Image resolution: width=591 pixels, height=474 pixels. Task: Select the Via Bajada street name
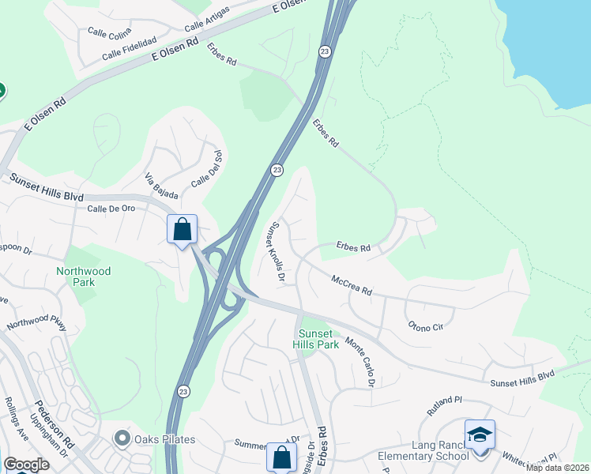pos(160,185)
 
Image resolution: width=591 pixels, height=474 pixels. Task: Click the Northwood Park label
pos(83,276)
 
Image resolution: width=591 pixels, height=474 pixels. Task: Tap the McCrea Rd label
pos(352,285)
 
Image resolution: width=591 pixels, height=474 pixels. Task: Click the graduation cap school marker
pos(480,434)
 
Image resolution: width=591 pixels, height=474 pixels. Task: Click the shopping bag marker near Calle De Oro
pos(183,230)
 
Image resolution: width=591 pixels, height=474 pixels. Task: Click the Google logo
pos(26,465)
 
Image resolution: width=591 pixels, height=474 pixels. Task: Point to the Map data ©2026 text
pos(557,468)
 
